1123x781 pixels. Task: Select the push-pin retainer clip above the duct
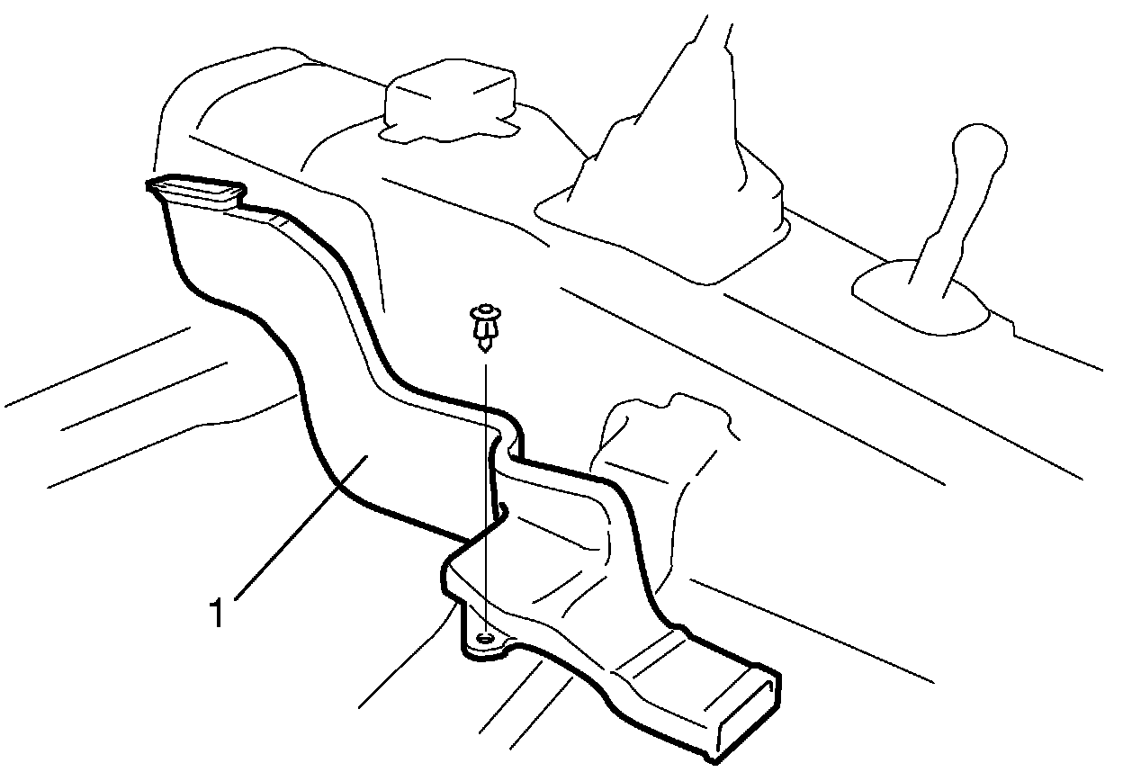click(x=484, y=328)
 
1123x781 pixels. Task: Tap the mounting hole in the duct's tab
click(x=485, y=638)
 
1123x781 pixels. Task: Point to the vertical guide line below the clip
click(x=485, y=495)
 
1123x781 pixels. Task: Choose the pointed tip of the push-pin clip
click(x=485, y=347)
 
